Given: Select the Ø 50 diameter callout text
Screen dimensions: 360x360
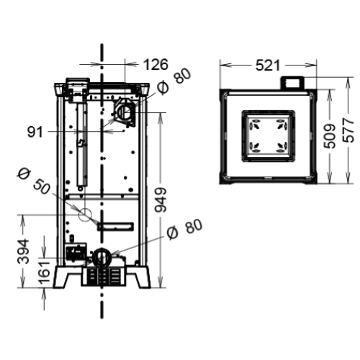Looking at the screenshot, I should pos(33,181).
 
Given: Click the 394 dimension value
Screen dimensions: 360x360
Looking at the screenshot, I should pos(24,251).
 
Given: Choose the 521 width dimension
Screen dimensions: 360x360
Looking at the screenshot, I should pos(267,66).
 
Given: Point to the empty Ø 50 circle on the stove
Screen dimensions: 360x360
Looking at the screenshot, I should pos(85,214).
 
